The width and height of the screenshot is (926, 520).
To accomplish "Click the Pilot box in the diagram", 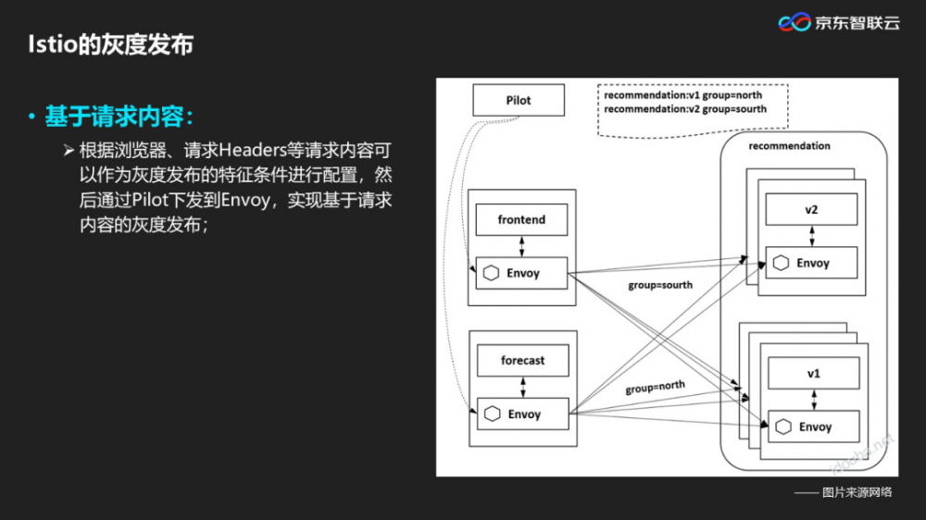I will [519, 100].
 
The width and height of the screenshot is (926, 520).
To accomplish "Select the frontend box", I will [521, 220].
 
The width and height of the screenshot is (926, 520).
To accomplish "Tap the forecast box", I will [522, 361].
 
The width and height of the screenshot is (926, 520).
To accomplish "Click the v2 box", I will [811, 210].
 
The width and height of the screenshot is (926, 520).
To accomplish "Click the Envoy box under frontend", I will [521, 273].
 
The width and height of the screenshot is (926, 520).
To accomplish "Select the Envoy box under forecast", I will [522, 414].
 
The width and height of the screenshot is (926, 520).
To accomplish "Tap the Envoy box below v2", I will [811, 263].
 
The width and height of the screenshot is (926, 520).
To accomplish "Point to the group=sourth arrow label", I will [659, 285].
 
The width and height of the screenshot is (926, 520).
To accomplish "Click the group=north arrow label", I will [655, 387].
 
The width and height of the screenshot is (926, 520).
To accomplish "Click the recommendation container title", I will [789, 146].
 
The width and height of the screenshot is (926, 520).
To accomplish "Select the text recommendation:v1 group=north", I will [684, 95].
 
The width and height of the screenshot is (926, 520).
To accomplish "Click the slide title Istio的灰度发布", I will [109, 44].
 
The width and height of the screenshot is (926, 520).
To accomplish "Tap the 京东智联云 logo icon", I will [794, 22].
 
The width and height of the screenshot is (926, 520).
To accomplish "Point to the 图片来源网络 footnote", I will [857, 492].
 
